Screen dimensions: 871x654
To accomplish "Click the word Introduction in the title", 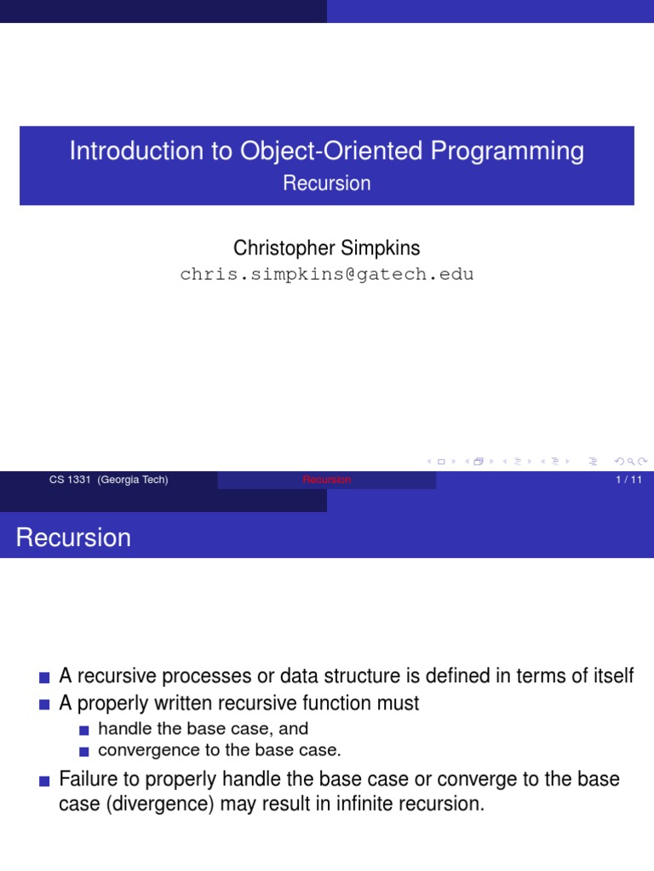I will tap(130, 151).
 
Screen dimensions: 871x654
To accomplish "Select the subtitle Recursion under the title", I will tap(327, 184).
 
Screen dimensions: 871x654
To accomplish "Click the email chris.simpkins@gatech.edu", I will tap(327, 274).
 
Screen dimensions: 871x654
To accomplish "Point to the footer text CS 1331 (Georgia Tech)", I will tap(109, 480).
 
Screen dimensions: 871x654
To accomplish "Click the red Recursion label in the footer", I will tap(327, 480).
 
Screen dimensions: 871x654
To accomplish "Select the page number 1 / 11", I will tap(627, 480).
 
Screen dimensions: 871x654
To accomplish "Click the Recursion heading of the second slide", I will tap(74, 538).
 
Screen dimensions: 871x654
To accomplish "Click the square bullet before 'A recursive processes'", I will tap(45, 678).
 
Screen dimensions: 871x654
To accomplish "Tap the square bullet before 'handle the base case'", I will tap(83, 730).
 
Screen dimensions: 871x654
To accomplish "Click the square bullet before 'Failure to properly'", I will tap(45, 781).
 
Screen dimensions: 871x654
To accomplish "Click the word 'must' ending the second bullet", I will tap(397, 703).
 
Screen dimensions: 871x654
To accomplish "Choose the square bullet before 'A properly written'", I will tap(45, 705).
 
